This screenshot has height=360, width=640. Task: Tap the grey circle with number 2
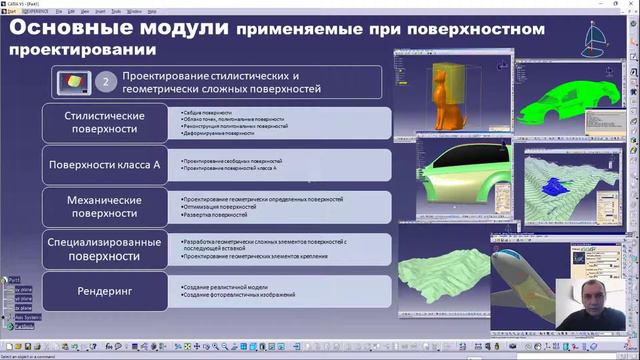107,82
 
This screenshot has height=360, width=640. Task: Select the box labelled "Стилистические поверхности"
105,123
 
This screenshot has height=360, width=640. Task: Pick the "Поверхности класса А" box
105,164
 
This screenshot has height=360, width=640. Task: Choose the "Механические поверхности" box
105,206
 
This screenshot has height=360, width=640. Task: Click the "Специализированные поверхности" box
105,248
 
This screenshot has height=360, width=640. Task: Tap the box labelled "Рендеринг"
105,291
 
